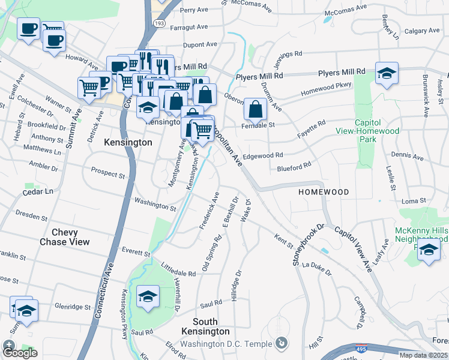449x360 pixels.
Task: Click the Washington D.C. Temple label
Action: pos(228,344)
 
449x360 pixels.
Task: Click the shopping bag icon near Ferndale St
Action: pos(255,109)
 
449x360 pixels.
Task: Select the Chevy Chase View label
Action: pos(70,237)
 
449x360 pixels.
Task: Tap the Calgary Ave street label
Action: pos(420,31)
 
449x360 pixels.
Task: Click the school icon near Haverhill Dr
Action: pos(148,296)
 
